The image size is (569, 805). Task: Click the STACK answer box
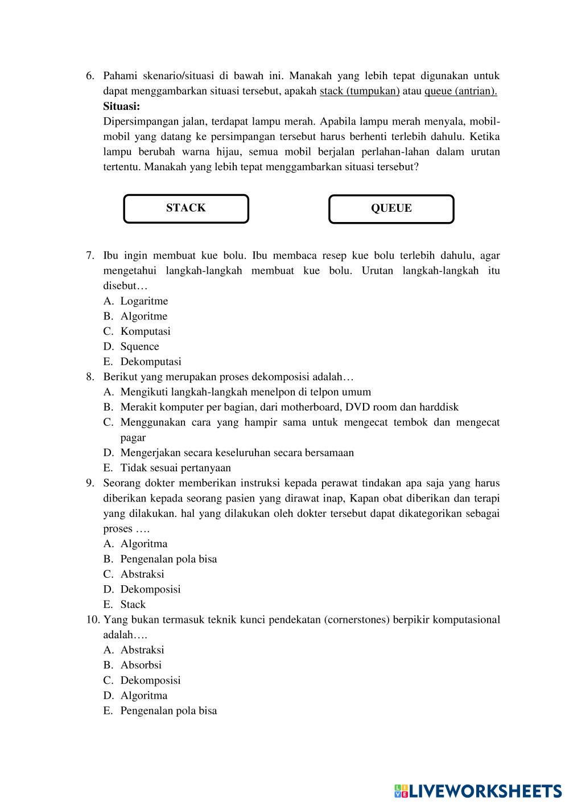[186, 208]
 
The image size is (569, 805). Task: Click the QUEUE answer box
[391, 209]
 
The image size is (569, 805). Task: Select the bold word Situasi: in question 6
[121, 106]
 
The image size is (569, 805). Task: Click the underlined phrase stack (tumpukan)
[360, 91]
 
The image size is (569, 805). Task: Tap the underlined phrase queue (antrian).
[460, 91]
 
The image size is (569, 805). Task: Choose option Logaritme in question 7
[144, 301]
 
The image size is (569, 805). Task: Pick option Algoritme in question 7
[143, 317]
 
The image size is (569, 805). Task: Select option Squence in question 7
[139, 347]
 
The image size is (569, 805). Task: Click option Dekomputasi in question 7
[150, 362]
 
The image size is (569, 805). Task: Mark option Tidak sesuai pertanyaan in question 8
[175, 468]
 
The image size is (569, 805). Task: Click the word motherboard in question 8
[312, 407]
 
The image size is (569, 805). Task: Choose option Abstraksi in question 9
[142, 574]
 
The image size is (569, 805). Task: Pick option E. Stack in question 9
[133, 605]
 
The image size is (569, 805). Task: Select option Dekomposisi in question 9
[150, 589]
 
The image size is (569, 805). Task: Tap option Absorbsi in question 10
[141, 665]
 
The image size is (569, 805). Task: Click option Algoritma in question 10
[143, 696]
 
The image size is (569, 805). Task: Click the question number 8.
[90, 377]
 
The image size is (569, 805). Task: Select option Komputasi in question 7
[145, 331]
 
